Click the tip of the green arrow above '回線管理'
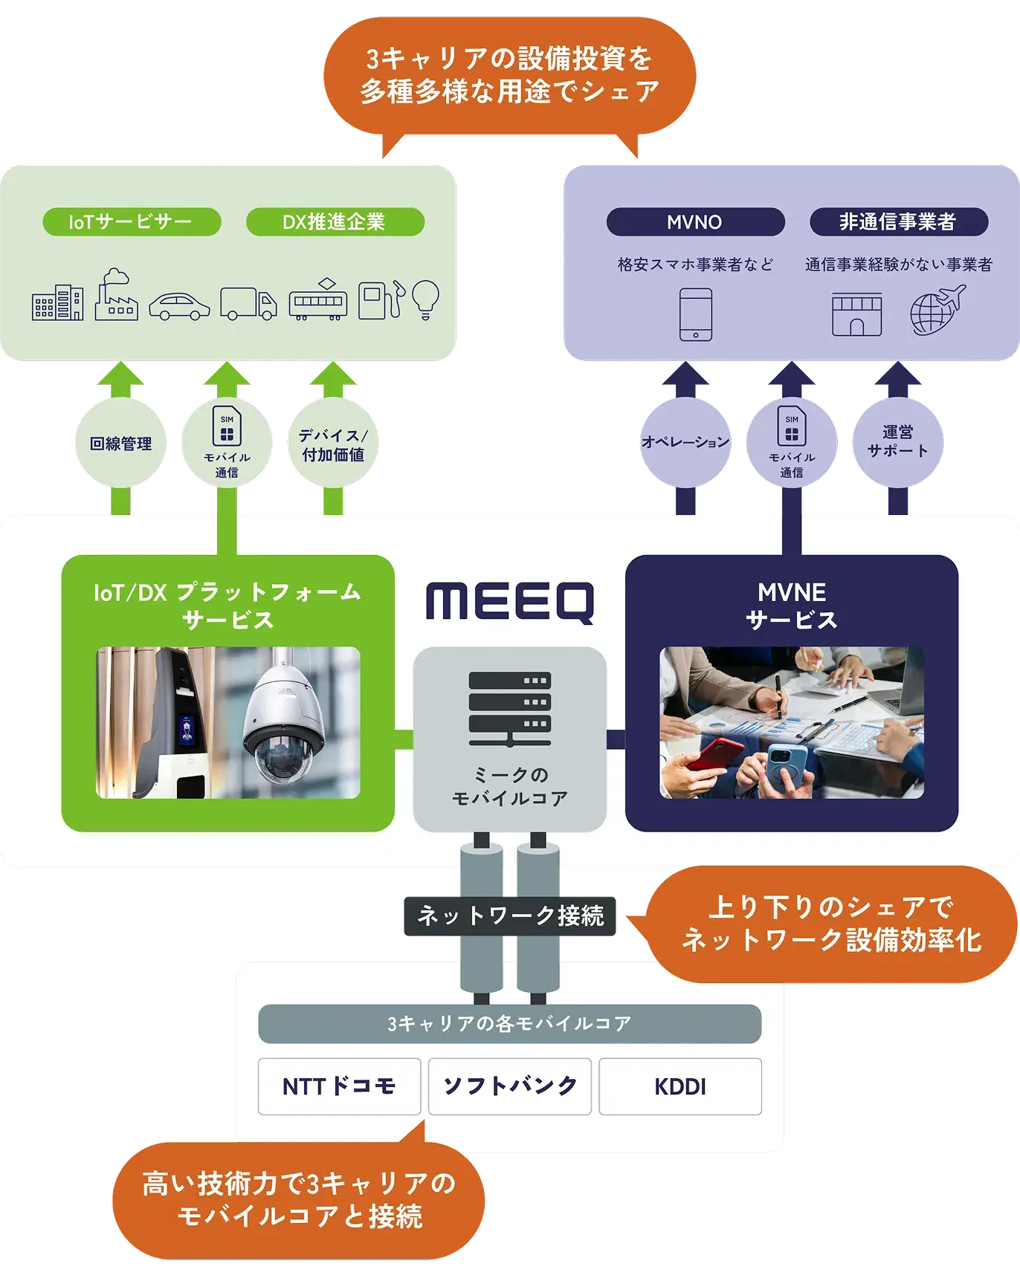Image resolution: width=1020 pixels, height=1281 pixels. [120, 362]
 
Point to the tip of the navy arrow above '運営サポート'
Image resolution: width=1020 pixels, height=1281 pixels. [898, 362]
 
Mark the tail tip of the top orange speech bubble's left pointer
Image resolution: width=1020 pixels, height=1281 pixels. [383, 158]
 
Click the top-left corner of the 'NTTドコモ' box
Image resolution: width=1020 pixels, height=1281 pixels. [259, 1059]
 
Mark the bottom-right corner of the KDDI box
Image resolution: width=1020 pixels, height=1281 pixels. [761, 1115]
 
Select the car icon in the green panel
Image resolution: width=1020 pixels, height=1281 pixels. [179, 306]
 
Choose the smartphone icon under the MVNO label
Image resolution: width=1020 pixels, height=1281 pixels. [696, 315]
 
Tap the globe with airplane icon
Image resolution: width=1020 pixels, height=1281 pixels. [937, 310]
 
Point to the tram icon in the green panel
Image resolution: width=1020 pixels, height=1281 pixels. [318, 299]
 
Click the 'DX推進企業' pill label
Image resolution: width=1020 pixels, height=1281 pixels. [335, 222]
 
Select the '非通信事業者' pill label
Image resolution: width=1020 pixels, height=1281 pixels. [899, 222]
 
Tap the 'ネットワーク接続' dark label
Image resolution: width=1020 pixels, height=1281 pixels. [510, 916]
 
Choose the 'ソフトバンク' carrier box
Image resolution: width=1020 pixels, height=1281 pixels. [510, 1086]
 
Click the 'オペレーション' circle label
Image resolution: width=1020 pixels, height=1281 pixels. [685, 443]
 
